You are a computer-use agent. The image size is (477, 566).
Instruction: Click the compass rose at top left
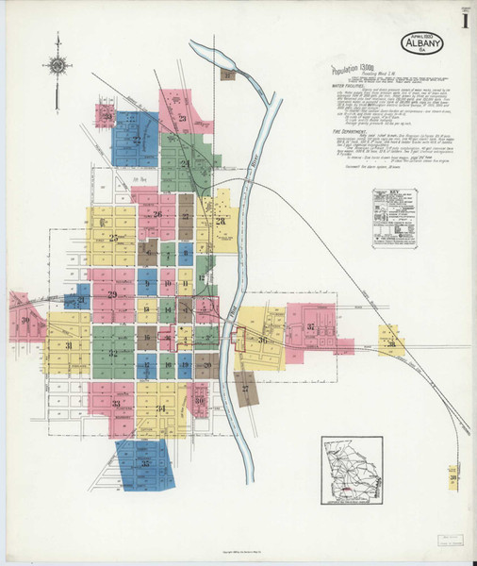[x=58, y=65]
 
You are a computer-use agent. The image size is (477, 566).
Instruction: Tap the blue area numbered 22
[x=137, y=140]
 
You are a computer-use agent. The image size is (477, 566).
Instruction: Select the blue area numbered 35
[x=145, y=463]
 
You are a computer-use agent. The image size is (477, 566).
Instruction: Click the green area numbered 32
[x=113, y=354]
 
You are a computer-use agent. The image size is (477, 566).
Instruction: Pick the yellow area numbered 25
[x=112, y=238]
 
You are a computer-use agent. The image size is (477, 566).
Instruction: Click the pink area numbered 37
[x=310, y=327]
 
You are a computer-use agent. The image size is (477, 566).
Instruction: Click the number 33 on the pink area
[x=116, y=404]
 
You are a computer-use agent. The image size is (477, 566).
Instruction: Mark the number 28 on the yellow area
[x=221, y=221]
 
